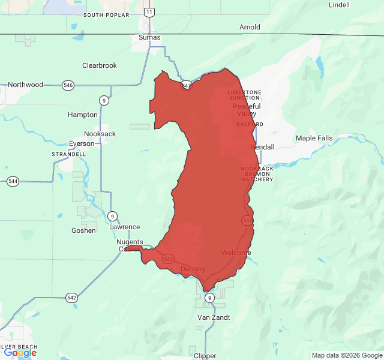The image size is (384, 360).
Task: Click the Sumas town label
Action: pos(149,37)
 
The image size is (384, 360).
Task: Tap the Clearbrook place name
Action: pos(100,65)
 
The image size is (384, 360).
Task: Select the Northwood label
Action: pos(25,85)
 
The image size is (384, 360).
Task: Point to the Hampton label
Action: pos(82,115)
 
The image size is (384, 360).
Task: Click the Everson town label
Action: pos(82,144)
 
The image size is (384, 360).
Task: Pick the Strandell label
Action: pos(70,154)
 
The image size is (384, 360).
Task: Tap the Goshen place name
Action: pos(83,230)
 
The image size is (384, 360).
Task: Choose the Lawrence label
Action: pos(125,227)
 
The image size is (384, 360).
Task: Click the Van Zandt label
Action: pos(214,317)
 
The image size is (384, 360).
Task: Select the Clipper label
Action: pos(205,356)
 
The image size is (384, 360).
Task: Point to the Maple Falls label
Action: pos(314,139)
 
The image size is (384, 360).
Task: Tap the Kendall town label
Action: pos(263,147)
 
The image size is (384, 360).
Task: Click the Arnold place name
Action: pos(250,27)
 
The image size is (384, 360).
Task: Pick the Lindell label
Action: pos(339,5)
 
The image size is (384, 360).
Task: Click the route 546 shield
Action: pos(68,86)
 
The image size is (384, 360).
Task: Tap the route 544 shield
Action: pos(13,181)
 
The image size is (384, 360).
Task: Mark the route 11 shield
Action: pos(149,12)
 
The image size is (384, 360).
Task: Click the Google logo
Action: pos(20,352)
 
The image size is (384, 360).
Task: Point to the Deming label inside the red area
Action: pos(193,269)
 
